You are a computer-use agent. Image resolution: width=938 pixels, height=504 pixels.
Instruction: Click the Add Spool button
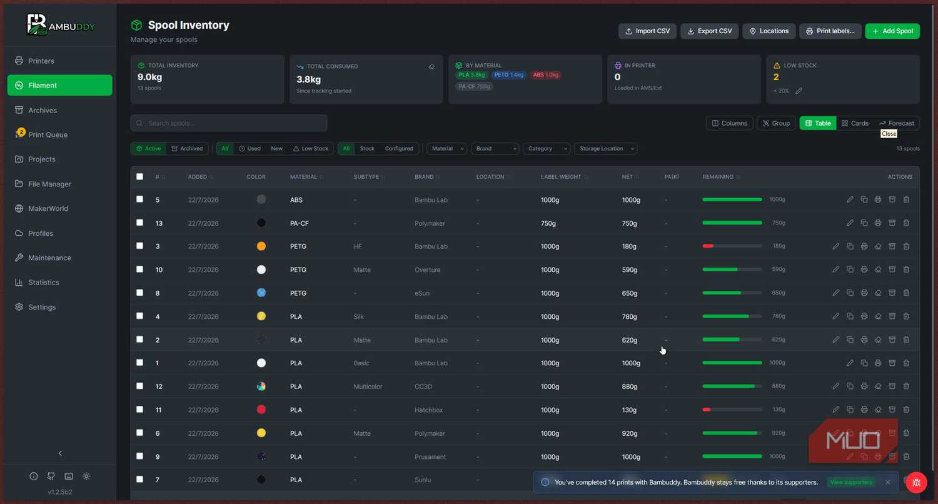[x=892, y=31]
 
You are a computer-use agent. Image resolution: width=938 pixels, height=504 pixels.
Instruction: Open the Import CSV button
[x=647, y=31]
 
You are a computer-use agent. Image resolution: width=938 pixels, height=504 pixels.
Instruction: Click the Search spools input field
[x=229, y=123]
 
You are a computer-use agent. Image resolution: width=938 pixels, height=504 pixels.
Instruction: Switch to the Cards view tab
[x=855, y=123]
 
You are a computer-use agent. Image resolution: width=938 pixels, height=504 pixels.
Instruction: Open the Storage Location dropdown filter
[x=606, y=149]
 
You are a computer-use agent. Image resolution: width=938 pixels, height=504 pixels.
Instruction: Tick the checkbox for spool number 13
[x=140, y=223]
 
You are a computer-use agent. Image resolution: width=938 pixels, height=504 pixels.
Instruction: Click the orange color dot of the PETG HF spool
[x=261, y=246]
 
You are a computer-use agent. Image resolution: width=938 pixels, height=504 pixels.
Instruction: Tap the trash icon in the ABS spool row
[x=906, y=199]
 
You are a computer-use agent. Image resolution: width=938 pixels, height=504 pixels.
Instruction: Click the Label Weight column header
[x=561, y=177]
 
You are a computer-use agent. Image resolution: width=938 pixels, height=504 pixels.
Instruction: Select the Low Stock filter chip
[x=311, y=149]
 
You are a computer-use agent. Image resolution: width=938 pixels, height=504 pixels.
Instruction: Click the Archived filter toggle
[x=187, y=149]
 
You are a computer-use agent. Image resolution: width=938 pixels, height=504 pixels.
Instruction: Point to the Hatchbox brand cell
[x=429, y=410]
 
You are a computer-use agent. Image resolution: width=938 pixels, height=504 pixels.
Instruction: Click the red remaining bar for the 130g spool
[x=707, y=410]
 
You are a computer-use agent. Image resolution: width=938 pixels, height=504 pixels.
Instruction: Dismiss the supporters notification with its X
[x=888, y=482]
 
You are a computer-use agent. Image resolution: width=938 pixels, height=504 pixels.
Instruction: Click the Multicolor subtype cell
[x=368, y=386]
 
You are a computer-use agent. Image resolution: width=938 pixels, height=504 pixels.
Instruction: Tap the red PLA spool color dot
[x=261, y=410]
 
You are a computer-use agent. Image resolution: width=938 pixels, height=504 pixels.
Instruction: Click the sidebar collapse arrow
[x=60, y=453]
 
